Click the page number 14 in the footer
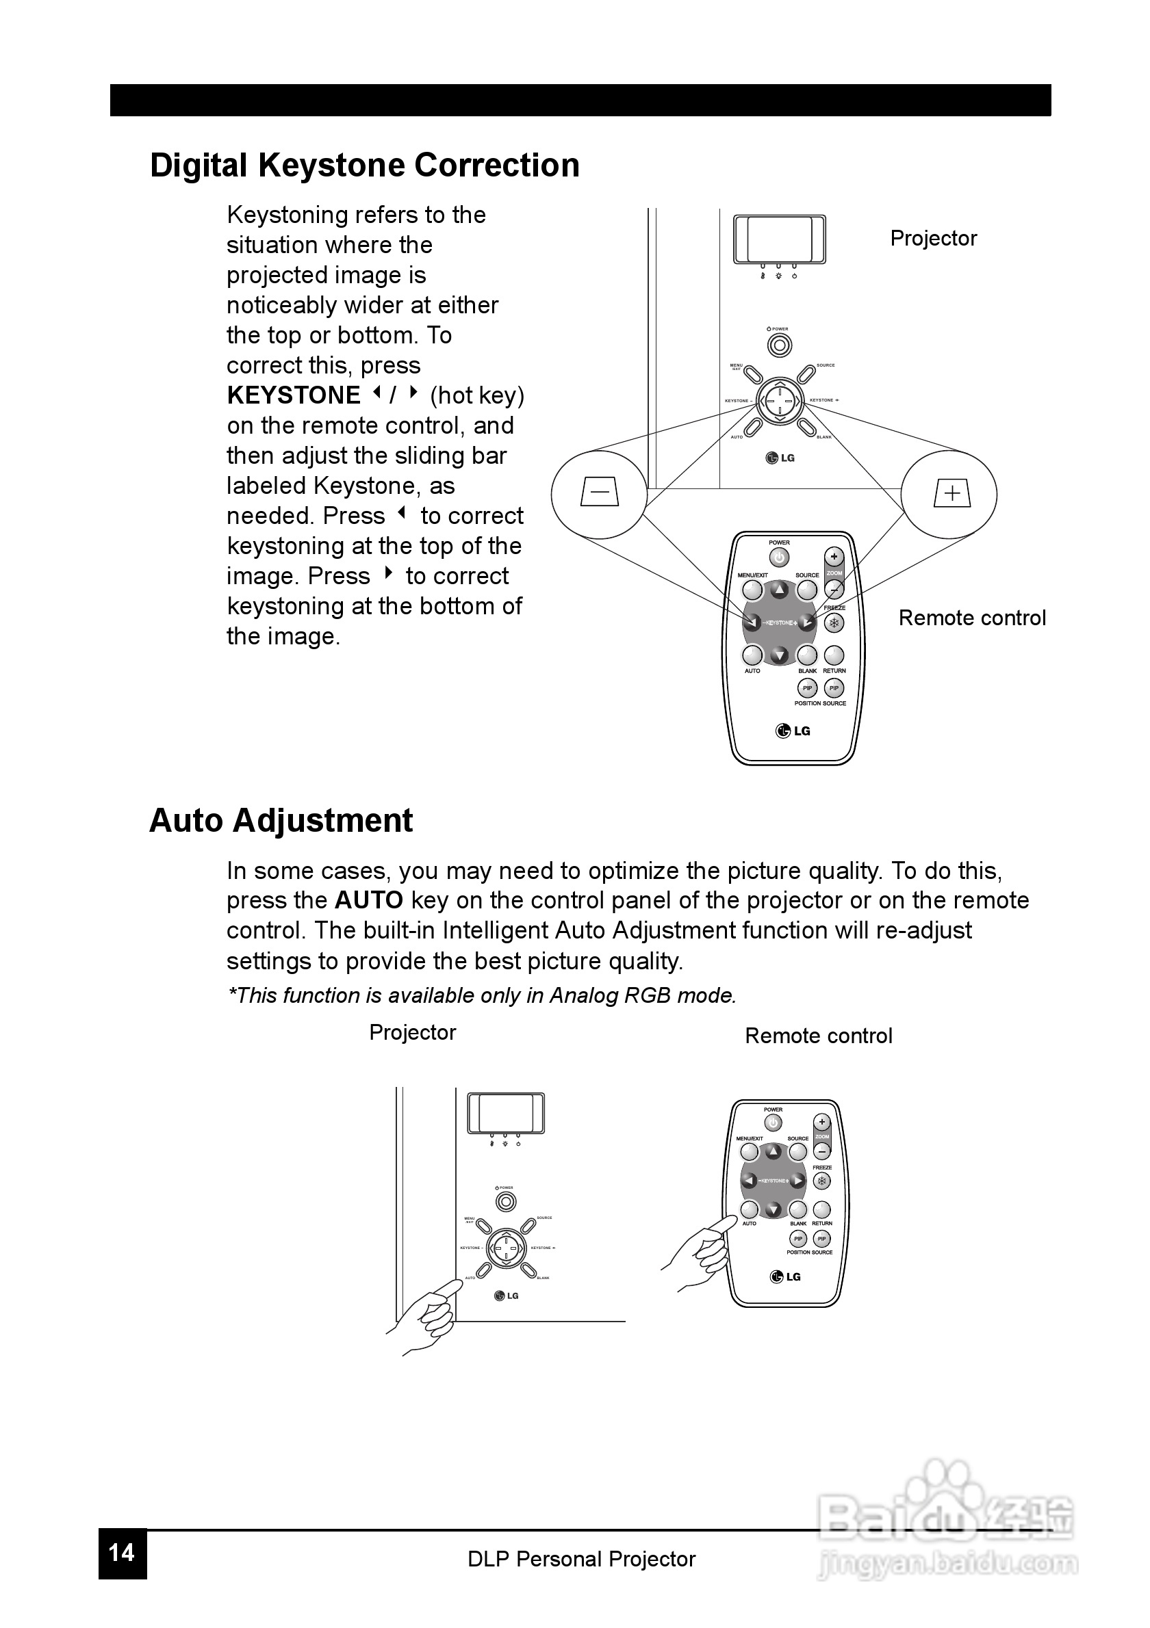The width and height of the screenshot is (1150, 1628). coord(122,1553)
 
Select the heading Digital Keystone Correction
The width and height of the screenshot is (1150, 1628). coord(365,166)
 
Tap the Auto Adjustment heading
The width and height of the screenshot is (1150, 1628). coord(281,820)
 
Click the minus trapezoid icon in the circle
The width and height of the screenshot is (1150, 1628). coord(600,492)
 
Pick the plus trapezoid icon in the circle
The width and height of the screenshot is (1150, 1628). coord(951,493)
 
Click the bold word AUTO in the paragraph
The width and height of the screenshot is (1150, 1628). coord(369,900)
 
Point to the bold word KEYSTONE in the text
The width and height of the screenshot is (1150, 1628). coord(294,395)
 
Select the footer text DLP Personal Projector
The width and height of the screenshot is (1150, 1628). coord(581,1558)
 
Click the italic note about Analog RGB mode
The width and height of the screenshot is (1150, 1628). coord(482,995)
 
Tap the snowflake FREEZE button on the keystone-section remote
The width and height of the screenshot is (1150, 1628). coord(834,623)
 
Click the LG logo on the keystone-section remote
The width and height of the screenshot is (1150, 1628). coord(793,731)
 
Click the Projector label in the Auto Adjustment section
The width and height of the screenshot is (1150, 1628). coord(412,1032)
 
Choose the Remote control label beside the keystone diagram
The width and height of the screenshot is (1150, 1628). coord(972,618)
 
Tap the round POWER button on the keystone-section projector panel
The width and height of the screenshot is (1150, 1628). coord(780,346)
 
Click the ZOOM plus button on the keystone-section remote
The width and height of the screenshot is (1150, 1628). coord(834,557)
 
